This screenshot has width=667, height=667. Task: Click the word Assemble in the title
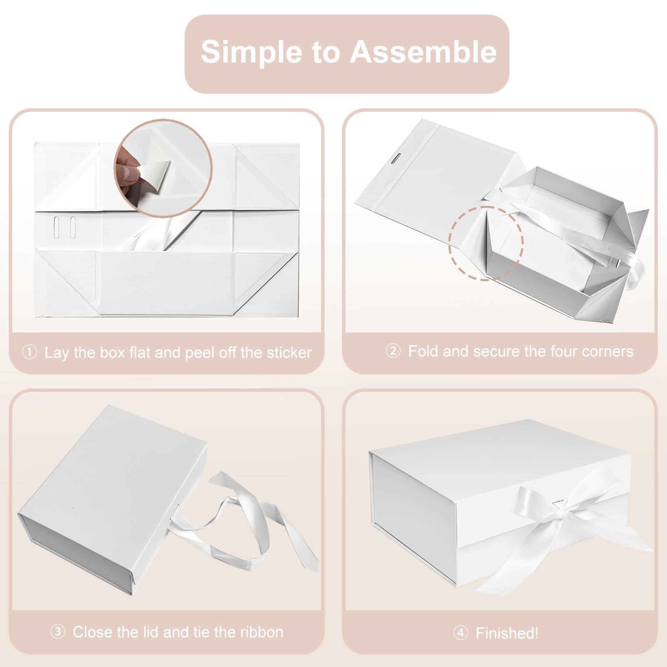(x=423, y=52)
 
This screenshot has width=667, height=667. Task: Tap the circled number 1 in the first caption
(x=30, y=352)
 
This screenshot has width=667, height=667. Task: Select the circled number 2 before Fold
(x=393, y=351)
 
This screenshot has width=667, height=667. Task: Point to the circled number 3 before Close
(x=58, y=632)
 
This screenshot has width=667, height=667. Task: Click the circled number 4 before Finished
(x=460, y=633)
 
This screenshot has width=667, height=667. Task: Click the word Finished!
(x=507, y=633)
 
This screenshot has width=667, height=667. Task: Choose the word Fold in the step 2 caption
(x=423, y=351)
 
